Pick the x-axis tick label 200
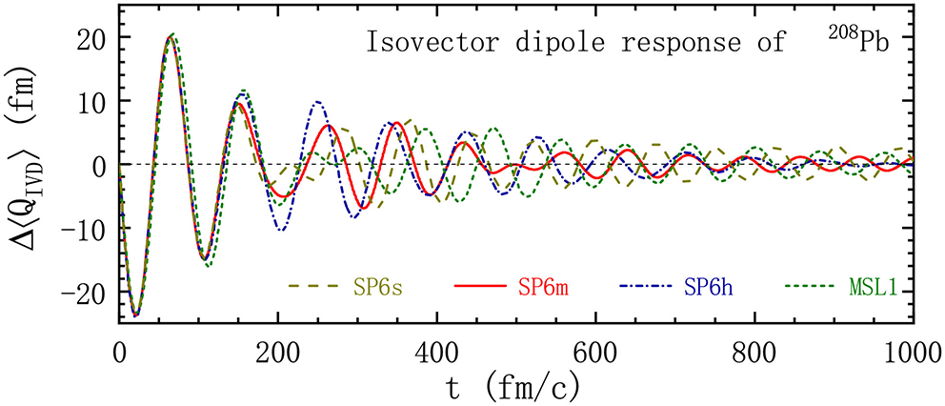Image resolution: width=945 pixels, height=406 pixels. (277, 352)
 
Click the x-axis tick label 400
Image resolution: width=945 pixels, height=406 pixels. (436, 352)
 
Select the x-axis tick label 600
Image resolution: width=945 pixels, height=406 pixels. (595, 352)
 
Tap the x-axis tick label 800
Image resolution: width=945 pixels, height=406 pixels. (754, 352)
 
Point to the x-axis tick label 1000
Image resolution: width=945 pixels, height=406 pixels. (909, 352)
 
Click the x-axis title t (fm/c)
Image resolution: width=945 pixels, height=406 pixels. (515, 386)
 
